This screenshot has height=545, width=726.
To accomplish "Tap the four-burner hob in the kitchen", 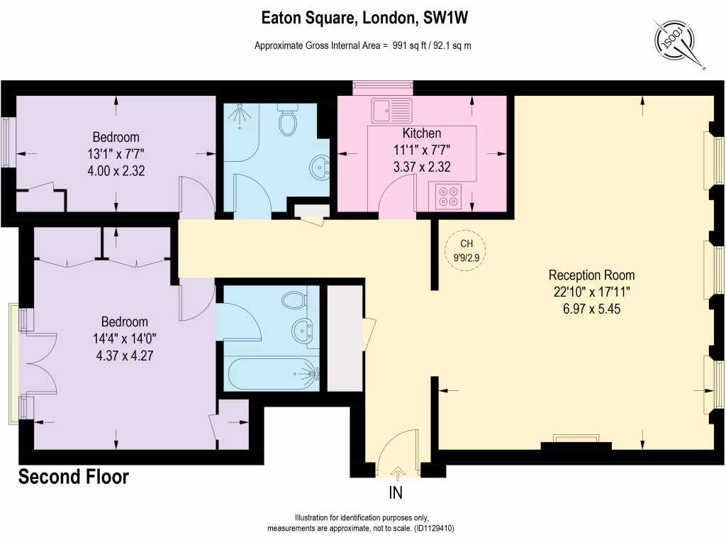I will (448, 196).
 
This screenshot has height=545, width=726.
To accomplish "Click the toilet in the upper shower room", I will (288, 121).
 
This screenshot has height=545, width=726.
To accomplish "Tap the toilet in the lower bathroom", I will (293, 300).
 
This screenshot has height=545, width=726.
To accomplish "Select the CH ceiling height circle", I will (466, 251).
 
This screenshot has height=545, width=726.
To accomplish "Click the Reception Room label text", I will (591, 275).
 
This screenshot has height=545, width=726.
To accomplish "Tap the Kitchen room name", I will (422, 133).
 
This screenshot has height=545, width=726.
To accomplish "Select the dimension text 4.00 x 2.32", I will (116, 170).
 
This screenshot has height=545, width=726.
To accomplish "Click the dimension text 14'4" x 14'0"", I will (114, 338).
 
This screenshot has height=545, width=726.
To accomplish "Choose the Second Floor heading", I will (74, 477).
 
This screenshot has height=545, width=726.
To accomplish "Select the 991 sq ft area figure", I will (408, 45).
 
